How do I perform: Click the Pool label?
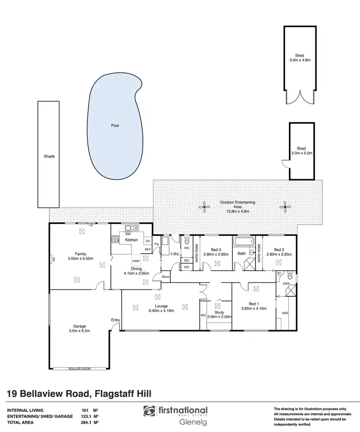tap(115, 126)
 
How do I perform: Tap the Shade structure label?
tap(49, 156)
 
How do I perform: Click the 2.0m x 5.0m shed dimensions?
tap(301, 153)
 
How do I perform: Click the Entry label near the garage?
tap(115, 320)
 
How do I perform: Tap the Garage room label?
tap(80, 326)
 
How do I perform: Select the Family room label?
tap(80, 254)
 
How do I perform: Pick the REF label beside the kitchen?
tap(147, 249)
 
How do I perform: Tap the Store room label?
tap(166, 277)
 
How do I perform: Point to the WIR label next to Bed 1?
tap(285, 313)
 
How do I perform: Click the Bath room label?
tap(241, 253)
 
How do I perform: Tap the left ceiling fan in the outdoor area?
tap(205, 208)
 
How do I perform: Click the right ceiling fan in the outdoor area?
tap(285, 208)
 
